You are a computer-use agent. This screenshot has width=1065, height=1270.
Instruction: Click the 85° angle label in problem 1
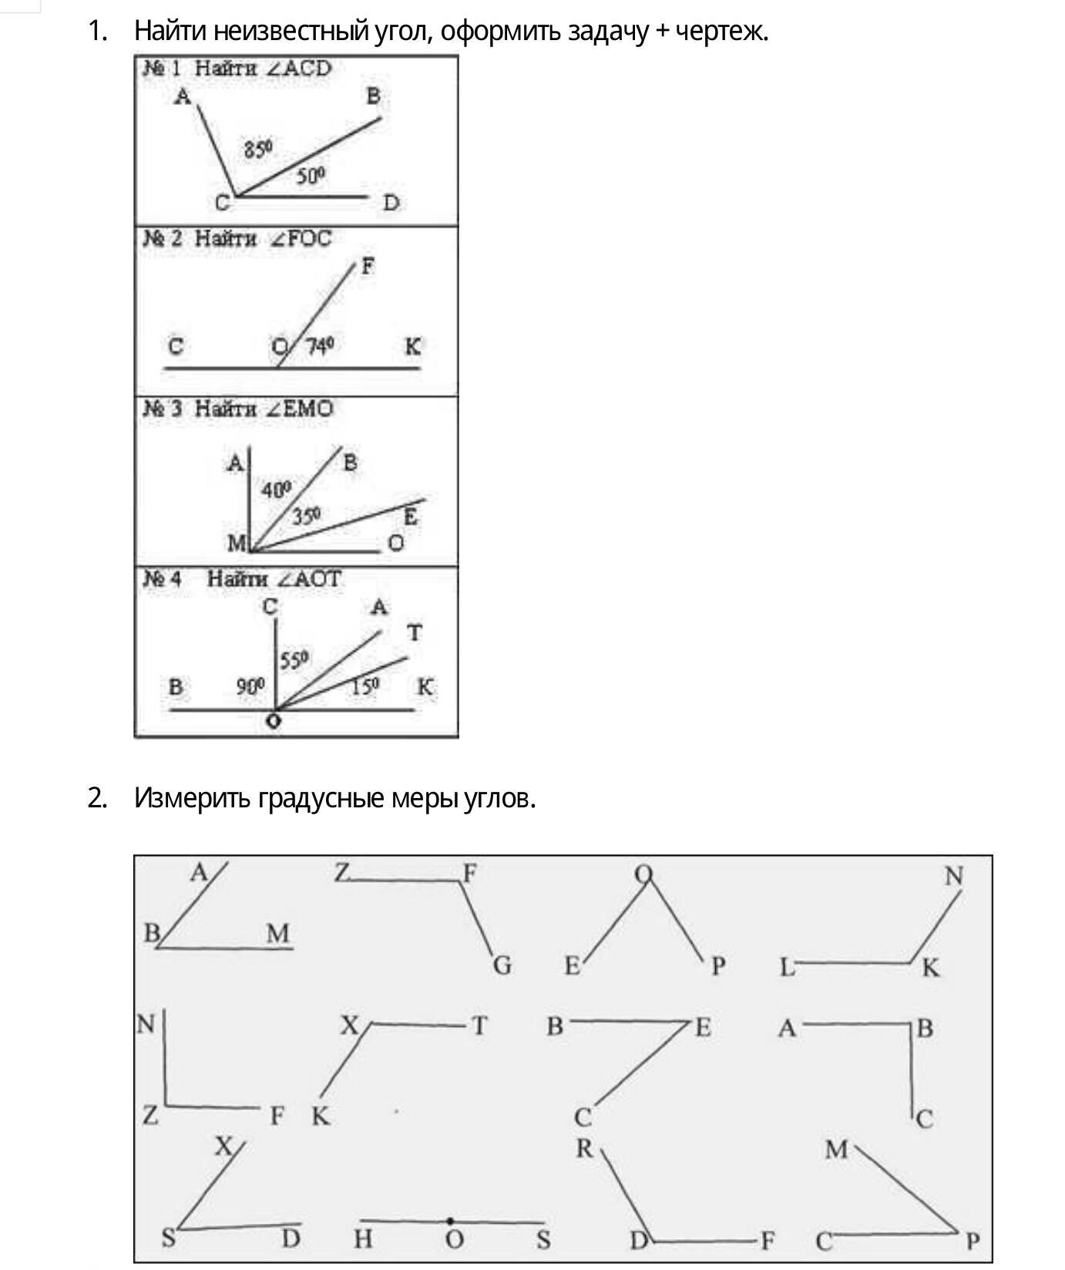(258, 148)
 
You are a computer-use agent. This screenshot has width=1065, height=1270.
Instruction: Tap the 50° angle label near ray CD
(311, 177)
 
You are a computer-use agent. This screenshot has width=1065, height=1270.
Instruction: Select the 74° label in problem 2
(321, 346)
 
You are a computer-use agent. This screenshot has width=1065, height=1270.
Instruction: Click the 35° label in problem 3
(306, 516)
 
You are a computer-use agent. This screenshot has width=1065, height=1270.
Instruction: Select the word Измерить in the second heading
(193, 798)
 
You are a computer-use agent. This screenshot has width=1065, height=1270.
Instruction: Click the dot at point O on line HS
(450, 1221)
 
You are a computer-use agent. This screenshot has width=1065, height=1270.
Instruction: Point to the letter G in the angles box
(502, 965)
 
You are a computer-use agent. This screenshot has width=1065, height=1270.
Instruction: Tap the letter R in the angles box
(584, 1149)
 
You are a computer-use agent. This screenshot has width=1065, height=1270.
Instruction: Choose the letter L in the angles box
(786, 967)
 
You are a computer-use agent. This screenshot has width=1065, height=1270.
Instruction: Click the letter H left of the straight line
(363, 1239)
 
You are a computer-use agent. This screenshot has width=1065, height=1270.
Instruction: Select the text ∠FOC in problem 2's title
(300, 238)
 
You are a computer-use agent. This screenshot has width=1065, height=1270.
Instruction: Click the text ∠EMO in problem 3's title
(300, 409)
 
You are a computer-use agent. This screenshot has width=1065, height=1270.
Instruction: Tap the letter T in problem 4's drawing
(415, 633)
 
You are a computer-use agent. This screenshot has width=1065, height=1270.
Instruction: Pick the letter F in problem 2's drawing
(368, 266)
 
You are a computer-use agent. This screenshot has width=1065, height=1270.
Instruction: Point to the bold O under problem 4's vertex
(274, 722)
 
